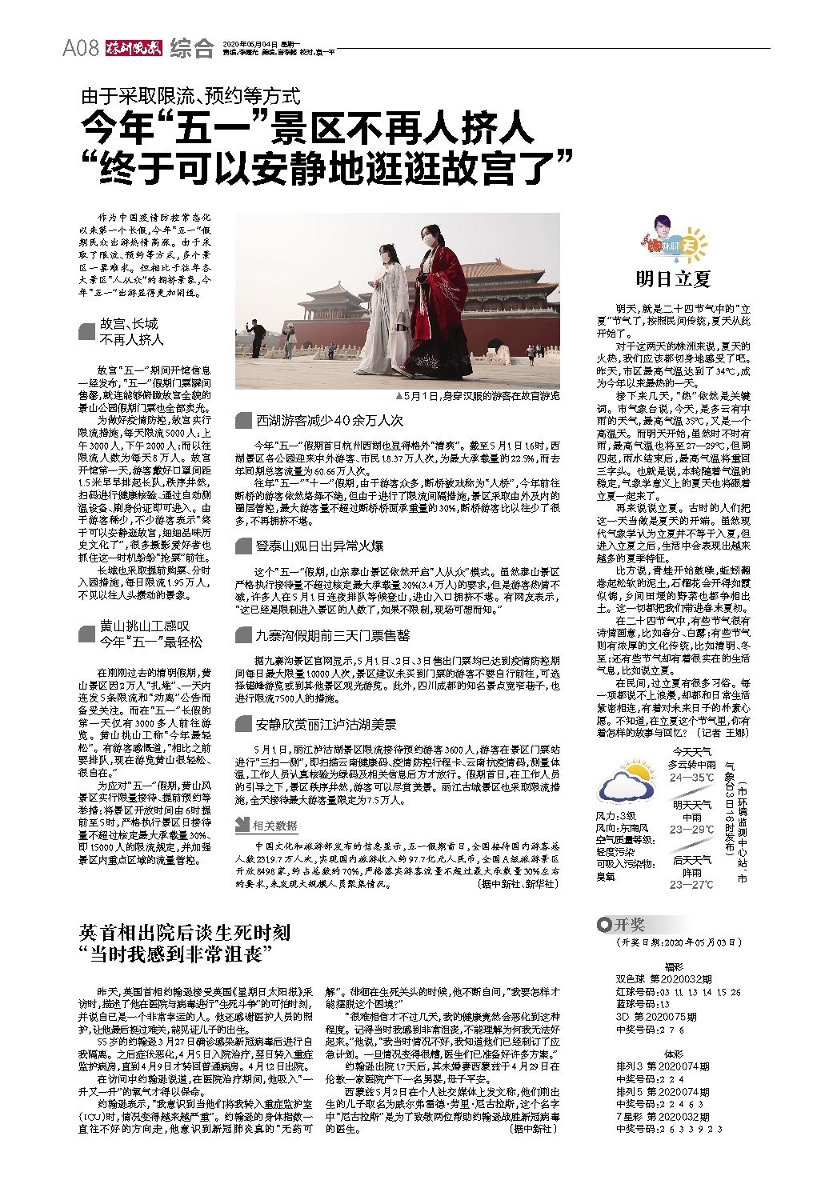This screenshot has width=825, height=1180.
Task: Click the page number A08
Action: [x=80, y=48]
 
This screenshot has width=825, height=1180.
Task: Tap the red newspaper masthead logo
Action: [x=134, y=48]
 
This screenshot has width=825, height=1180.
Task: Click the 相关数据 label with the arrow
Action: [x=267, y=825]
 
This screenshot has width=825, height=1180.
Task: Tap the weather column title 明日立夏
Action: [x=673, y=279]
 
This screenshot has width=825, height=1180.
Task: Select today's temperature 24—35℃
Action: [x=691, y=777]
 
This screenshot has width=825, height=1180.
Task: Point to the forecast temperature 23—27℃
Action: [x=691, y=884]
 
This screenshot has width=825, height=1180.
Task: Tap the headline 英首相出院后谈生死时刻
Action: [x=185, y=932]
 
